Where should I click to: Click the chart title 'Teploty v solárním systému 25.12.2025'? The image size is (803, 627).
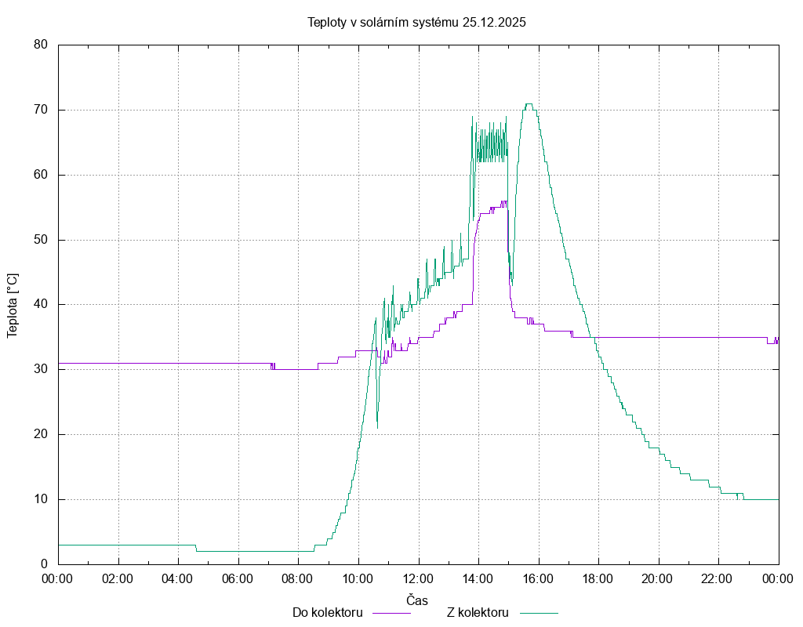click(416, 22)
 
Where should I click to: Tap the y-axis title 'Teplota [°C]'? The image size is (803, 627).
click(13, 305)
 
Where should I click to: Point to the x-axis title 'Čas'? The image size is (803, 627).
click(417, 600)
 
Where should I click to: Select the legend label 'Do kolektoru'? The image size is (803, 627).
click(327, 612)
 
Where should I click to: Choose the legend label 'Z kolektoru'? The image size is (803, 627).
click(478, 612)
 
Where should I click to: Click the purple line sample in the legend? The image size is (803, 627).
click(391, 613)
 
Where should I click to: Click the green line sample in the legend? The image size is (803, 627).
click(537, 613)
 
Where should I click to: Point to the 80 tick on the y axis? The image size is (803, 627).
click(42, 45)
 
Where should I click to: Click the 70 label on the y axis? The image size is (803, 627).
click(42, 110)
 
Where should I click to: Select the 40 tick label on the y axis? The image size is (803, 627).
click(42, 304)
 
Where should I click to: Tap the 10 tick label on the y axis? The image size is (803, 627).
click(42, 499)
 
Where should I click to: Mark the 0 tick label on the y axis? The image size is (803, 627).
click(45, 564)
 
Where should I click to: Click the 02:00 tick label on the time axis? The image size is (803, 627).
click(118, 578)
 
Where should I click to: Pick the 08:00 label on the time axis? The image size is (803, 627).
click(298, 578)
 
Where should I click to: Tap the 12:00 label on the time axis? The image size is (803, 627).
click(418, 578)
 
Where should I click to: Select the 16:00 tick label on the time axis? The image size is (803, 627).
click(538, 578)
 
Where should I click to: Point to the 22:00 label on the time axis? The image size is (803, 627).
click(718, 578)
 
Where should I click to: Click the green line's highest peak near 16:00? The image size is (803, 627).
click(529, 103)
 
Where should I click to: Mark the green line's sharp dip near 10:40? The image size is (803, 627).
click(377, 427)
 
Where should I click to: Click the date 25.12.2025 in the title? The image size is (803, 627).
click(494, 22)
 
